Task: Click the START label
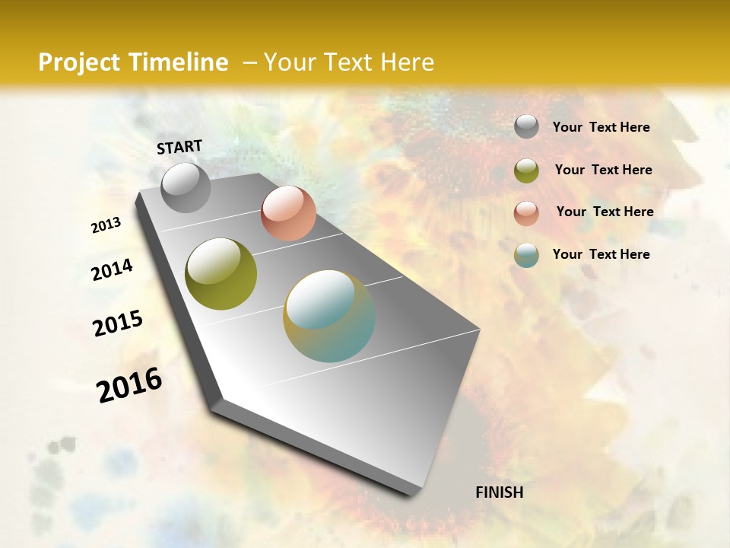[x=179, y=147]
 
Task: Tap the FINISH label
[x=500, y=492]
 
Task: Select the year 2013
[x=106, y=225]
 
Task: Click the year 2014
[x=112, y=270]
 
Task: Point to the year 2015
[x=118, y=323]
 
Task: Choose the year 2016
[x=129, y=385]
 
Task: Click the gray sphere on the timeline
[x=186, y=187]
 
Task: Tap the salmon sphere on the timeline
[x=288, y=213]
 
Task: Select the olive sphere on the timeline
[x=221, y=274]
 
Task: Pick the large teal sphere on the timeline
[x=329, y=316]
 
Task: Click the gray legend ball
[x=526, y=127]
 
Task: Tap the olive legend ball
[x=526, y=170]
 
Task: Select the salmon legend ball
[x=526, y=212]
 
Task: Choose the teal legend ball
[x=526, y=255]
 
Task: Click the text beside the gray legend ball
[x=601, y=127]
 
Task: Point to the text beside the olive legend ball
[x=603, y=170]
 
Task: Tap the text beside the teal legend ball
[x=601, y=254]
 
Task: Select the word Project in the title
[x=79, y=62]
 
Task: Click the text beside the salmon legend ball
[x=605, y=212]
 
